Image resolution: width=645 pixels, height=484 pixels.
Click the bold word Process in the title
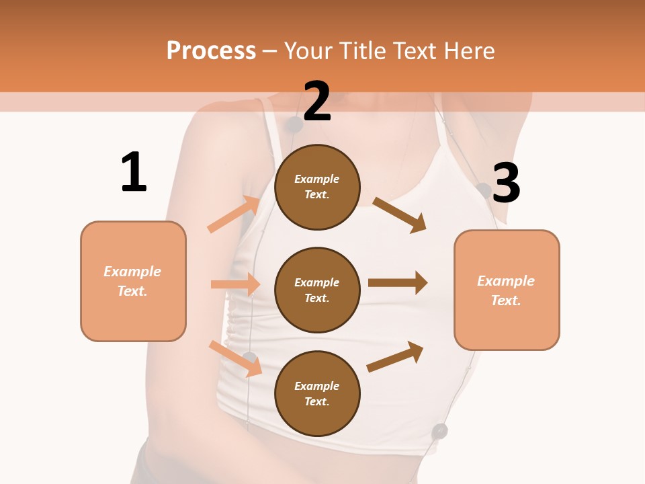211,50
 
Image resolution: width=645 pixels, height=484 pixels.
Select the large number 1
134,172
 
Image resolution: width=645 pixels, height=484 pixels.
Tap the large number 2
317,102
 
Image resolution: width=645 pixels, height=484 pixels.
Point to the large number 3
506,184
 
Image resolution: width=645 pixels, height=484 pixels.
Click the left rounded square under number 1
133,281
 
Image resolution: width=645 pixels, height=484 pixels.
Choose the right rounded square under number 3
507,290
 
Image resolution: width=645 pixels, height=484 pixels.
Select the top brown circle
317,187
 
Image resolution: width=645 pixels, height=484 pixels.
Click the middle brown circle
317,290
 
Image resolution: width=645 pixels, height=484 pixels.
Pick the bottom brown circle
317,393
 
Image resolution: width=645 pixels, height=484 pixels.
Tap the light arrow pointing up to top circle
234,214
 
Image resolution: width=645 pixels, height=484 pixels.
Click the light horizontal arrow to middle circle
235,284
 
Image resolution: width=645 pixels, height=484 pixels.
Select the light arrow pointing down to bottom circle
235,358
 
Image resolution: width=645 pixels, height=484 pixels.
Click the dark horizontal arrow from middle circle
398,283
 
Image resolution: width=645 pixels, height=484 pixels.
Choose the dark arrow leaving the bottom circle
395,357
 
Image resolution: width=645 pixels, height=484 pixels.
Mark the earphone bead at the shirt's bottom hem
439,431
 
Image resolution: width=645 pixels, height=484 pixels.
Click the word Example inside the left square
132,272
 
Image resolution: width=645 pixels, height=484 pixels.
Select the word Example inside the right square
506,281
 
